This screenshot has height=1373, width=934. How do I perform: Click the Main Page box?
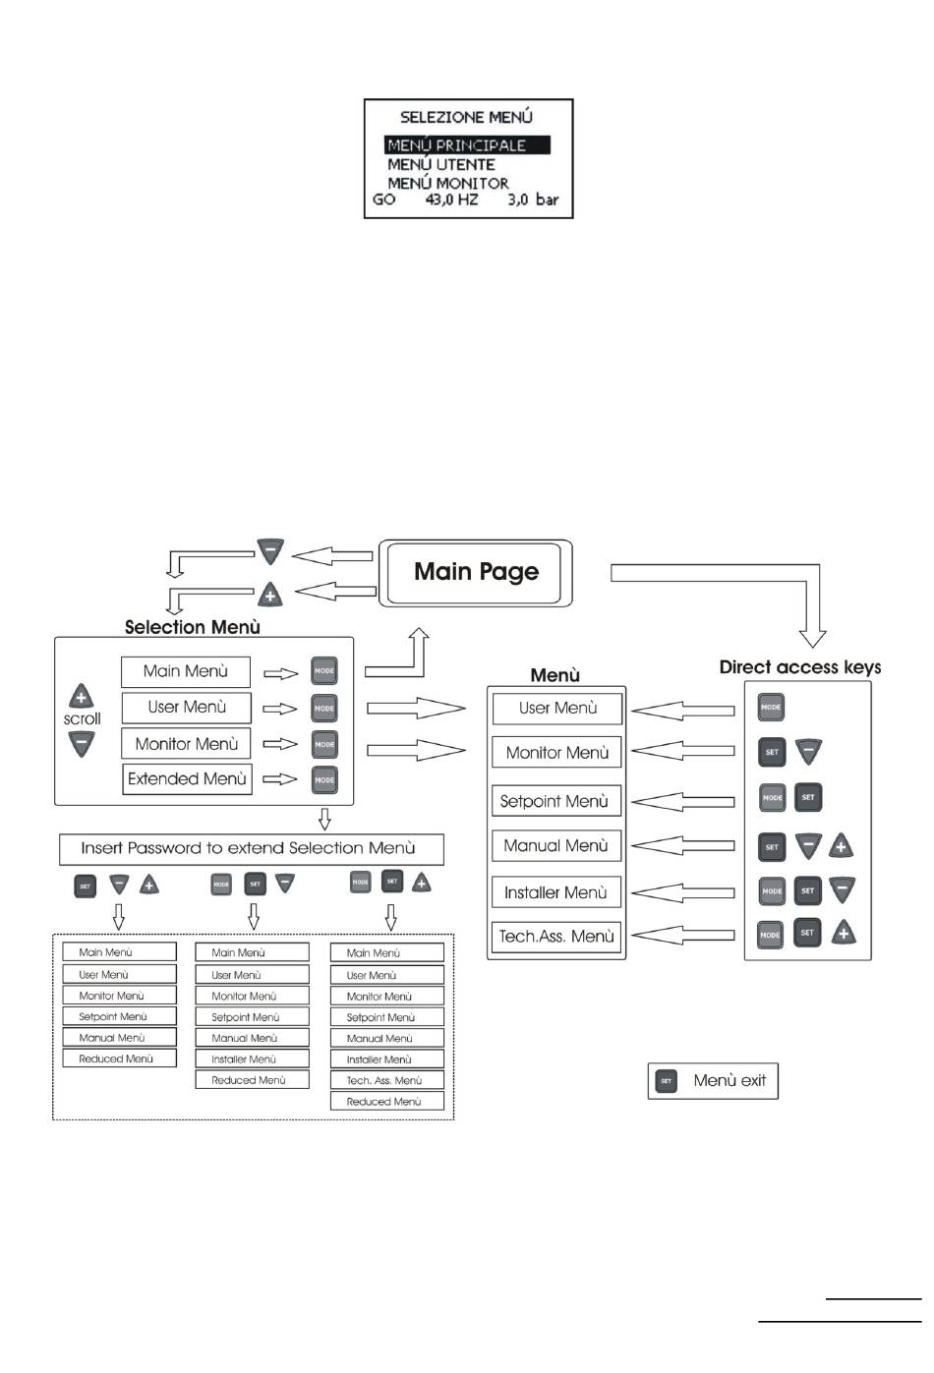(x=475, y=573)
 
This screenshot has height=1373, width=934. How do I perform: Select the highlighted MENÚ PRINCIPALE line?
(x=467, y=145)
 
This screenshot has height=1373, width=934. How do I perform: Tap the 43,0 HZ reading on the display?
(x=451, y=200)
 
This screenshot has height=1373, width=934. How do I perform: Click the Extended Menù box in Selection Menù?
(x=187, y=779)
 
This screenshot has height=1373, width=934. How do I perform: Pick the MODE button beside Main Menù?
(x=324, y=670)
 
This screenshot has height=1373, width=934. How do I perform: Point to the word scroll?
(x=83, y=719)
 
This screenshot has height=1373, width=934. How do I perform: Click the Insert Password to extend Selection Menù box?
(x=252, y=849)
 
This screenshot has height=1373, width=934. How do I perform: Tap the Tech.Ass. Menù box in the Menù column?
(x=556, y=937)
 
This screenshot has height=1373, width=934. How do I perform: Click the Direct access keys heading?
(x=799, y=667)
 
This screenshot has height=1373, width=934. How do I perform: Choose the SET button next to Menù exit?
(x=666, y=1081)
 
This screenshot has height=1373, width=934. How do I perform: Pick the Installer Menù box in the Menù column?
(x=556, y=892)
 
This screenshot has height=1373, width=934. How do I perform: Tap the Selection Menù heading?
(x=193, y=627)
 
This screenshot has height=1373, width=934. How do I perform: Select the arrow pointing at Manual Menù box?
(x=682, y=846)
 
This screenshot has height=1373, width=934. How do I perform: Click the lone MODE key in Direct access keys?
(x=771, y=707)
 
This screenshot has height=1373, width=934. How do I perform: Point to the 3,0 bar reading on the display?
(x=533, y=200)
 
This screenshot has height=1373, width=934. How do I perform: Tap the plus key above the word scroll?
(x=82, y=696)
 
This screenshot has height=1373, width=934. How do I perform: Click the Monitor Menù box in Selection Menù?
(x=187, y=744)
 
